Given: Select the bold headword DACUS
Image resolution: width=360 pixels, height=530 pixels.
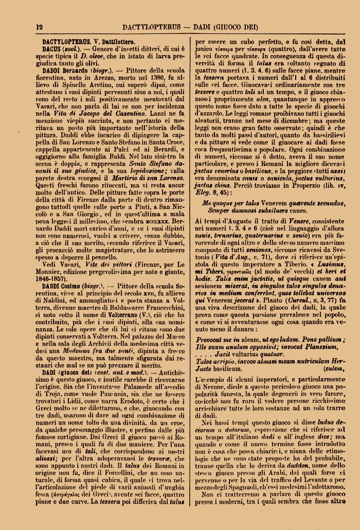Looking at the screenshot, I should [x=53, y=47].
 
